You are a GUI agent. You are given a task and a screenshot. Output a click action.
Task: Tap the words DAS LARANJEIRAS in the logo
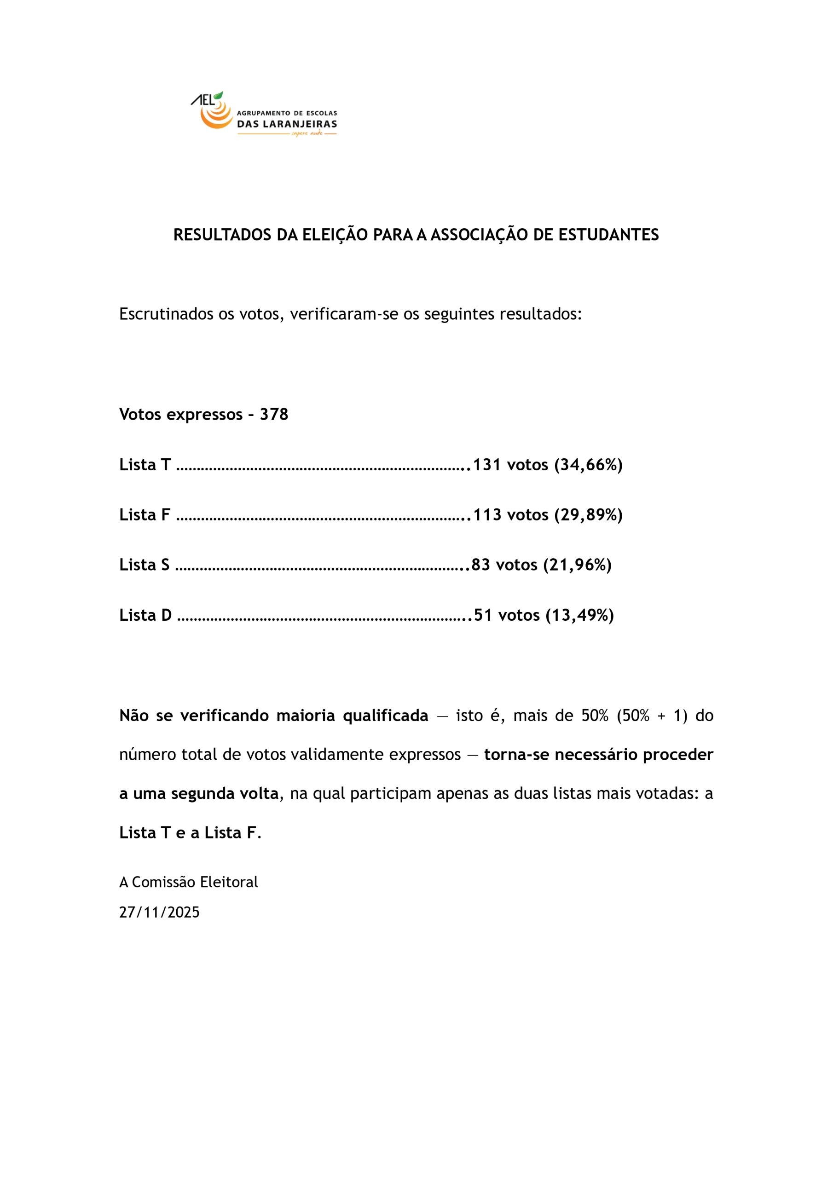pos(286,124)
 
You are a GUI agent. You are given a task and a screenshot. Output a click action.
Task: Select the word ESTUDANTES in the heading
pos(608,235)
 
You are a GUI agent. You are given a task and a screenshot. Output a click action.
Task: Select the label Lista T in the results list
pos(145,464)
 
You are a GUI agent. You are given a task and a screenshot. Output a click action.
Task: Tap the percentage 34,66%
pos(588,464)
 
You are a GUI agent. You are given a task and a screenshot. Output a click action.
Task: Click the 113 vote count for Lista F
pos(487,514)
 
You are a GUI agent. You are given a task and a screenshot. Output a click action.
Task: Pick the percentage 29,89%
pos(588,514)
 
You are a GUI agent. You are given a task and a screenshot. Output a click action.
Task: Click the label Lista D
pos(145,615)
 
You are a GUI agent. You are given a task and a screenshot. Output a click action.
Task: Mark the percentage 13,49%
pos(579,615)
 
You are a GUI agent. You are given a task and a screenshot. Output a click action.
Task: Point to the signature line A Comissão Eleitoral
pos(188,882)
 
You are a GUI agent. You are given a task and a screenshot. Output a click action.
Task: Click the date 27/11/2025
pos(159,912)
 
